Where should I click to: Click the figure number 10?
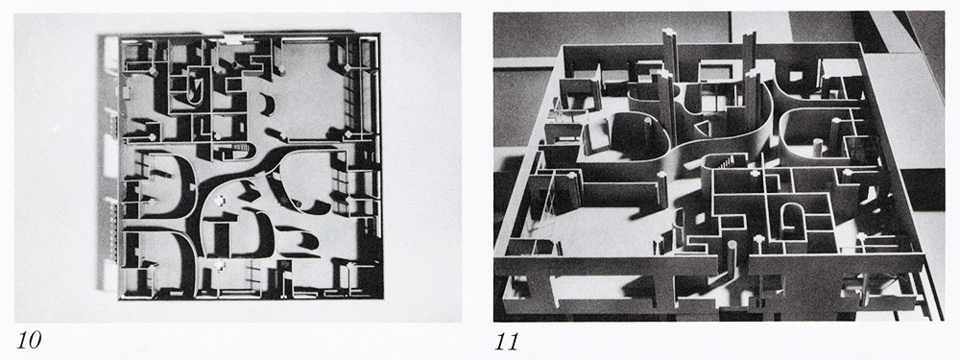point(29,341)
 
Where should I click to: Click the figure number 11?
point(506,341)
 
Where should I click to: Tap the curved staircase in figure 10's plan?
point(243,149)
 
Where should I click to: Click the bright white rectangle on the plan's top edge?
point(233,39)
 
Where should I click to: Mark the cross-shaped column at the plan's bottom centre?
point(219,265)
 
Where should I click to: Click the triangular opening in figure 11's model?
point(702,129)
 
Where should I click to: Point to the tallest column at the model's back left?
point(671,59)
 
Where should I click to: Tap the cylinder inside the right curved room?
point(817,150)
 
